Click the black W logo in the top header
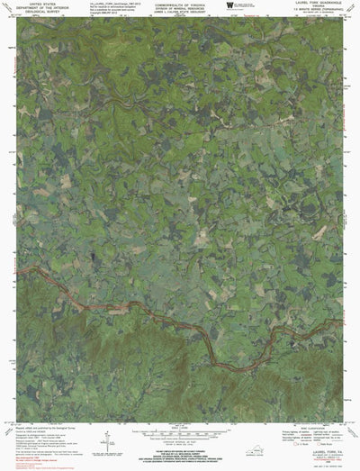click(x=229, y=6)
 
